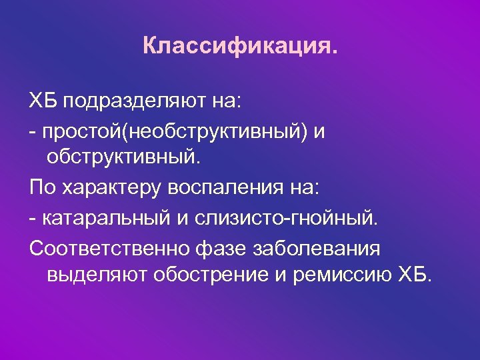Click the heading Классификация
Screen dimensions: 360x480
click(240, 47)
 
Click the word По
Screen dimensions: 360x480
click(42, 189)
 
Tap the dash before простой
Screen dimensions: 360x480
click(33, 133)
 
